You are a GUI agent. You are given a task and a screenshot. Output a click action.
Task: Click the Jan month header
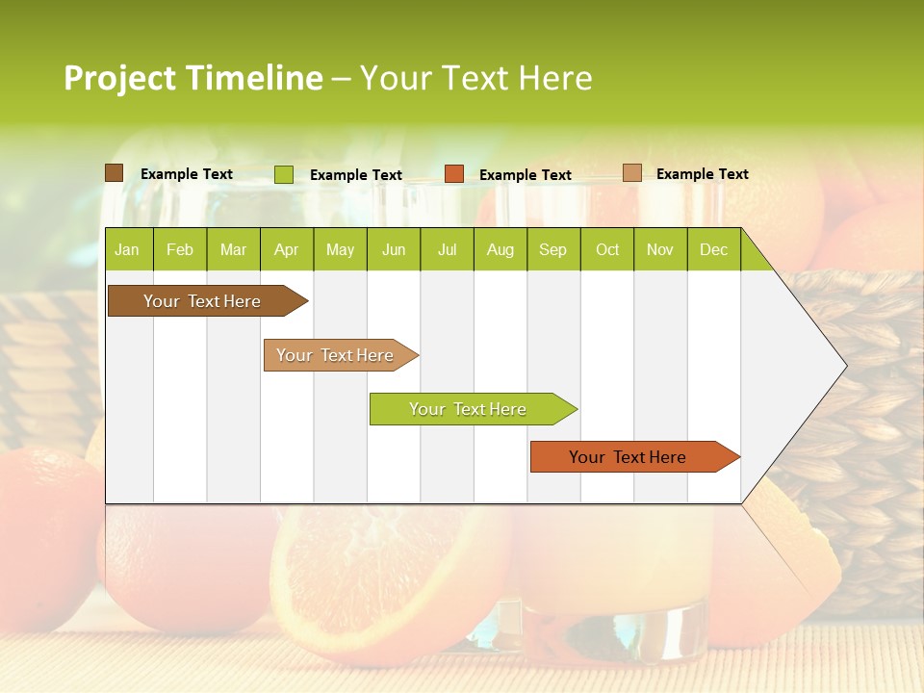click(127, 249)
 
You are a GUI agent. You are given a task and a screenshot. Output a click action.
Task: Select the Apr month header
click(286, 249)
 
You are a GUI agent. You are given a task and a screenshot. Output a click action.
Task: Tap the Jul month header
click(447, 249)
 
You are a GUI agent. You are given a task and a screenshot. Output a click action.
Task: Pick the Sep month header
click(552, 249)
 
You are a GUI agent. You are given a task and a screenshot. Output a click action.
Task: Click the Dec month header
click(713, 249)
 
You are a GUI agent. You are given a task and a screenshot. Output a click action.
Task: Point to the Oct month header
click(607, 249)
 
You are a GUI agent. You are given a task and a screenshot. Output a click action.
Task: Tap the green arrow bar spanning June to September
click(469, 409)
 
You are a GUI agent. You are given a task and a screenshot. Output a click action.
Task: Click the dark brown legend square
click(114, 173)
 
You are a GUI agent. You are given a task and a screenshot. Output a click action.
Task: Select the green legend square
click(283, 174)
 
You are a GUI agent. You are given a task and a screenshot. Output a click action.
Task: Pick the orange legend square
click(453, 174)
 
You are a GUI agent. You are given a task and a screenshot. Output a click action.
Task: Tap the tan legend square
click(631, 173)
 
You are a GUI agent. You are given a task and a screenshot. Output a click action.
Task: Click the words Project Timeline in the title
click(192, 78)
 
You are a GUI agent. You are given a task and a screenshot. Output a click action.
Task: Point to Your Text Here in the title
click(475, 78)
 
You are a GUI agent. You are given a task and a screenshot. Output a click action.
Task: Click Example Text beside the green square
click(355, 175)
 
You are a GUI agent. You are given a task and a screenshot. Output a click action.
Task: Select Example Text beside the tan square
click(702, 174)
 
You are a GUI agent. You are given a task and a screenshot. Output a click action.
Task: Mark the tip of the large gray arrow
click(845, 366)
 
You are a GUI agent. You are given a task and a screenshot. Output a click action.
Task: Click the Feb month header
click(180, 249)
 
